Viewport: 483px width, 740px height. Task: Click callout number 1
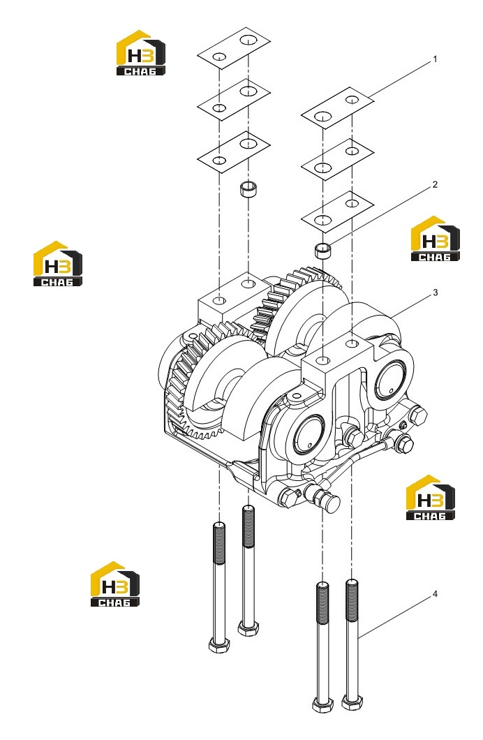435,59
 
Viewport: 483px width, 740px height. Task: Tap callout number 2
435,184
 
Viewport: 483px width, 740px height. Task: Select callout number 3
435,293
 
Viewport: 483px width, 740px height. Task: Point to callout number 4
435,593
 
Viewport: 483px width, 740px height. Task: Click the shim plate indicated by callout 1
337,108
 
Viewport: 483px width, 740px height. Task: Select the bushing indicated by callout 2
322,250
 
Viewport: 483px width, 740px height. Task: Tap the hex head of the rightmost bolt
352,703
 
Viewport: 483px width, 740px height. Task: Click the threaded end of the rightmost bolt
352,600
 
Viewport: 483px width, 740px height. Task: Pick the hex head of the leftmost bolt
218,645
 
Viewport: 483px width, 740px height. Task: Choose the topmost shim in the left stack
234,47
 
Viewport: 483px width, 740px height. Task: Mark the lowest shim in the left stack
234,151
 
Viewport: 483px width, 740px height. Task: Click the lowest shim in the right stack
337,212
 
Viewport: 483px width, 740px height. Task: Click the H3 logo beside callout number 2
435,239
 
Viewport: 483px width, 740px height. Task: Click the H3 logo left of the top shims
140,53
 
